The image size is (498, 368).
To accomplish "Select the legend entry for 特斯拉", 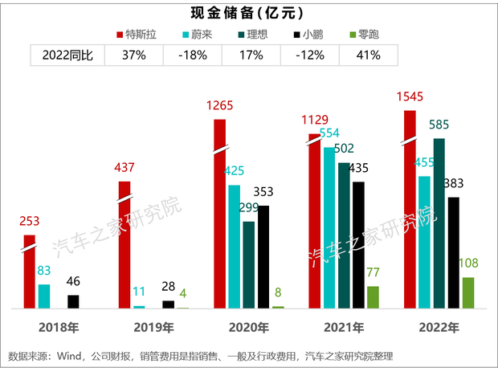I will tap(145, 35).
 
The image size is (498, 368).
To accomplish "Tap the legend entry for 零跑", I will tap(362, 35).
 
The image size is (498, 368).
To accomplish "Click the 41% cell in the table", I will tap(367, 55).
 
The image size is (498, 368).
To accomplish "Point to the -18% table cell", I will tap(193, 55).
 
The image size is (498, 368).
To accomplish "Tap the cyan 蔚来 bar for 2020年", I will tap(234, 247).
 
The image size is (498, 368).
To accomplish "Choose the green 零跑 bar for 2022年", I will tap(467, 292).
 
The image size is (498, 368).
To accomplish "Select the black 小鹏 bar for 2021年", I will tap(358, 244).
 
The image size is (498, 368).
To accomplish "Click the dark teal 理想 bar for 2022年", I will tap(439, 223).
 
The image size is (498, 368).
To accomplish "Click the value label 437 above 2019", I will tap(124, 169).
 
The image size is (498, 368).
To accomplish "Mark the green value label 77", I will tap(373, 273).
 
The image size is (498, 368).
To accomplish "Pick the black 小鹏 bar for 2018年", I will tap(73, 301).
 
